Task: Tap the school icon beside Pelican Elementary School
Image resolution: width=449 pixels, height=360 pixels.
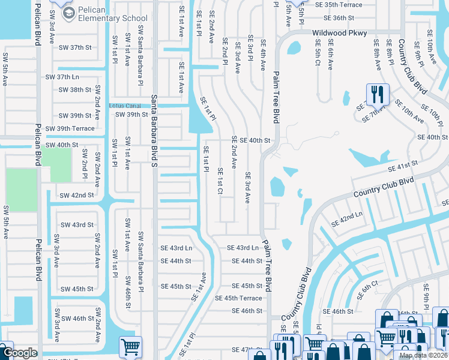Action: [x=69, y=13]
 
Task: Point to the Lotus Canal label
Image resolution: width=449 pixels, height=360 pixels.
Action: [x=126, y=106]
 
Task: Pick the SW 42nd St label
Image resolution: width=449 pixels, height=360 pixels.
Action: [x=76, y=196]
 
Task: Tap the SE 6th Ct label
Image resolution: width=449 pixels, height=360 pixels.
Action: [x=367, y=290]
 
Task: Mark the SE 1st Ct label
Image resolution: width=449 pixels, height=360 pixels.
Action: [x=220, y=177]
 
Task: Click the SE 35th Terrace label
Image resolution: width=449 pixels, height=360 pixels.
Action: [x=339, y=5]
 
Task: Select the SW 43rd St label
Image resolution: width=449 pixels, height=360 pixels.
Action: [x=76, y=225]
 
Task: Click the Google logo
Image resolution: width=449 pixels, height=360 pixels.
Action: [x=19, y=353]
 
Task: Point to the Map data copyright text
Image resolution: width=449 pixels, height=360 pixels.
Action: [x=423, y=355]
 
